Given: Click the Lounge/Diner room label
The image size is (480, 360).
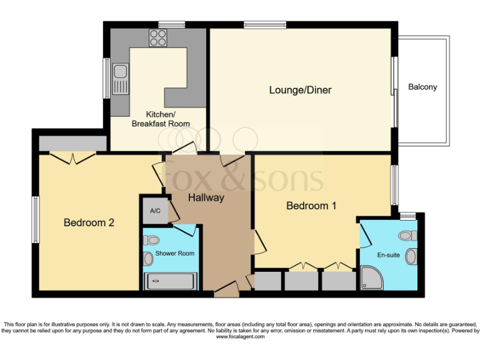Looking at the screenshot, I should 300,90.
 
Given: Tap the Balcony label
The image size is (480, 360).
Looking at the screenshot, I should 422,87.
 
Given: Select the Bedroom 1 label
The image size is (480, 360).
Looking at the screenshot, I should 307,206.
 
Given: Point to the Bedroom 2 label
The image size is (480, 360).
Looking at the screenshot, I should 89,222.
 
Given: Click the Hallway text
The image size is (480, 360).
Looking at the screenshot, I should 206,197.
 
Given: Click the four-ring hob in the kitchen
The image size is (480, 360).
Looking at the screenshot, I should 157,38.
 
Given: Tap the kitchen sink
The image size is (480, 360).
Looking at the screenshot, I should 120,78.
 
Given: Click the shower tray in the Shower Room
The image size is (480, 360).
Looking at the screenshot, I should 171,282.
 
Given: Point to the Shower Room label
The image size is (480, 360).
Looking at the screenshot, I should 175,253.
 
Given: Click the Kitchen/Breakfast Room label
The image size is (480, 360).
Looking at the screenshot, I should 160,119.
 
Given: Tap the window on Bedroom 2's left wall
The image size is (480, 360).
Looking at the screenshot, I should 36,219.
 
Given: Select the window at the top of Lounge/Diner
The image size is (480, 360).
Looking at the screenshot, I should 265,25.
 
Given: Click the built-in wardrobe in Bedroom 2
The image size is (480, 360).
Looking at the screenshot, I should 72,143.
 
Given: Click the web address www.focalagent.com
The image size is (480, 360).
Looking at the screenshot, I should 240,337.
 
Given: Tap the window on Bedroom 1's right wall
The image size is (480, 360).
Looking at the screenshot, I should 394,184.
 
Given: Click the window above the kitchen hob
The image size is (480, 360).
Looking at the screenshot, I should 171,25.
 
